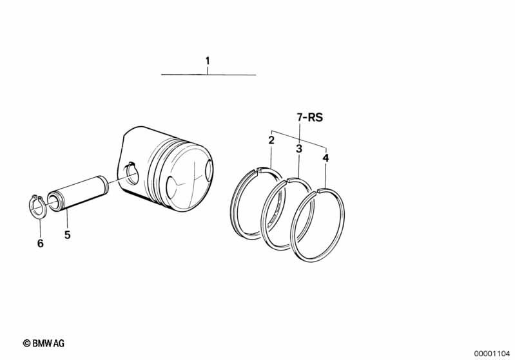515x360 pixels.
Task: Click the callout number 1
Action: (208, 61)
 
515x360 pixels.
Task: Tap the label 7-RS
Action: (310, 117)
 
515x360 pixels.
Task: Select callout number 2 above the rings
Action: (271, 140)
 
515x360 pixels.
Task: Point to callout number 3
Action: (298, 149)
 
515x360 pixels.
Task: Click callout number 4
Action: (326, 158)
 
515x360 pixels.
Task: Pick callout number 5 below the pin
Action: (67, 234)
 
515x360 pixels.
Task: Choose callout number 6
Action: (40, 243)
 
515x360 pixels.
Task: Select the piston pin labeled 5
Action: (78, 193)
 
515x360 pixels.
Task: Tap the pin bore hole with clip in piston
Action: (131, 174)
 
